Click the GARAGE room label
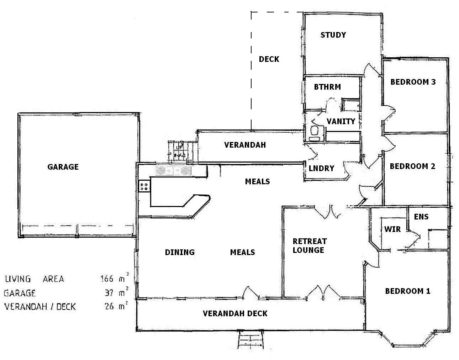[x=63, y=167]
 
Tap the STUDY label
[x=333, y=35]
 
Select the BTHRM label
[x=327, y=87]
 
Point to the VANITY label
[x=341, y=121]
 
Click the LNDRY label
[x=322, y=169]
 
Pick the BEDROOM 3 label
[x=413, y=82]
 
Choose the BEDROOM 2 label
[x=412, y=166]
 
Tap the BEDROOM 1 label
[x=408, y=291]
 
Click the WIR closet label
[x=392, y=229]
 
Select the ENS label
[x=421, y=217]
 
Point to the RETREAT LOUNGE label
[x=310, y=246]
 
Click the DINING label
[x=180, y=252]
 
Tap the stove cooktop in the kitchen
[x=144, y=186]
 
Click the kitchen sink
[x=173, y=171]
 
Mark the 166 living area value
[x=107, y=279]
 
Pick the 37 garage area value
[x=109, y=293]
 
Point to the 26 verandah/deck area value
[x=109, y=306]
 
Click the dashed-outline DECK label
[x=269, y=59]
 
